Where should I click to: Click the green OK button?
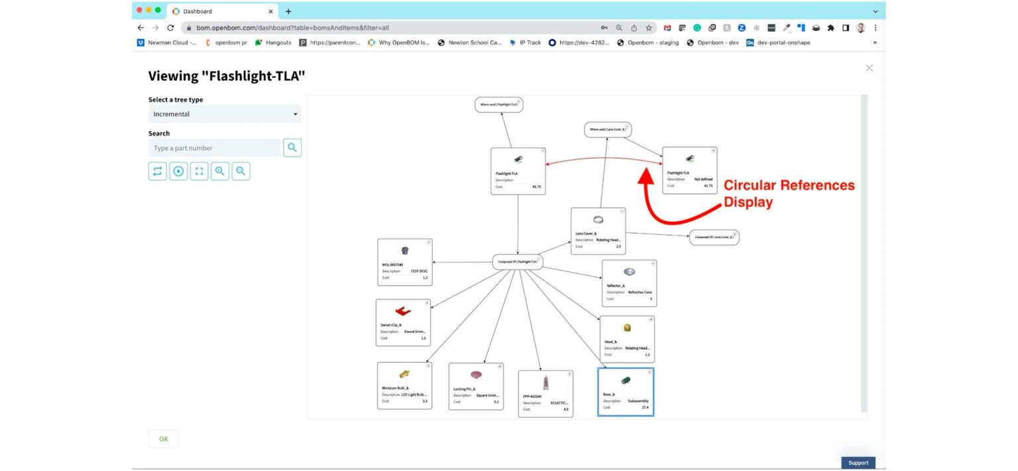pyautogui.click(x=163, y=439)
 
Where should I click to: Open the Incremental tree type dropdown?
pyautogui.click(x=225, y=114)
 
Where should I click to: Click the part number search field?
pyautogui.click(x=215, y=148)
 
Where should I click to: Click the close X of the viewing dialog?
pyautogui.click(x=869, y=68)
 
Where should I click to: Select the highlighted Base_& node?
pyautogui.click(x=626, y=392)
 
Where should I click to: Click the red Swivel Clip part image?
pyautogui.click(x=403, y=310)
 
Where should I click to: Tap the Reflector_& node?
pyautogui.click(x=629, y=283)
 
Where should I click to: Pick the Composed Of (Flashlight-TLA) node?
pyautogui.click(x=518, y=262)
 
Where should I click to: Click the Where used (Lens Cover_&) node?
pyautogui.click(x=607, y=129)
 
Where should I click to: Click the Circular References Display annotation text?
pyautogui.click(x=788, y=194)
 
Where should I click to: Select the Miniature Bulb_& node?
pyautogui.click(x=404, y=385)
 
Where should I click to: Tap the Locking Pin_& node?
pyautogui.click(x=476, y=386)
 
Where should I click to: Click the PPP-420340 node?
pyautogui.click(x=545, y=394)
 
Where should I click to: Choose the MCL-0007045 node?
pyautogui.click(x=404, y=263)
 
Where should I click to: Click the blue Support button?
pyautogui.click(x=858, y=462)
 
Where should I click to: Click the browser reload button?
pyautogui.click(x=170, y=28)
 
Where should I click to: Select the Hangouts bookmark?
pyautogui.click(x=273, y=42)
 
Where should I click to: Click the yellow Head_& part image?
pyautogui.click(x=627, y=328)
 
